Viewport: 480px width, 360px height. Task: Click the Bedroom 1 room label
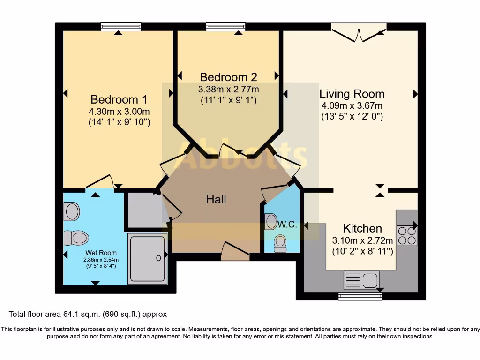pyautogui.click(x=119, y=99)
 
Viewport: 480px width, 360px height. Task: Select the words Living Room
pyautogui.click(x=352, y=94)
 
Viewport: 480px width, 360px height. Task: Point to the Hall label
pyautogui.click(x=216, y=200)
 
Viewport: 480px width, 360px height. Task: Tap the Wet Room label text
pyautogui.click(x=101, y=253)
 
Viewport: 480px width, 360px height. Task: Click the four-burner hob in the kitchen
pyautogui.click(x=406, y=235)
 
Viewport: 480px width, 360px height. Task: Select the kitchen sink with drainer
pyautogui.click(x=361, y=280)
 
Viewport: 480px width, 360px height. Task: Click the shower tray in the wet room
pyautogui.click(x=148, y=258)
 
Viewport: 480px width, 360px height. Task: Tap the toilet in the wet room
pyautogui.click(x=76, y=238)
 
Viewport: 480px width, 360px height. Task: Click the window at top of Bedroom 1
pyautogui.click(x=120, y=27)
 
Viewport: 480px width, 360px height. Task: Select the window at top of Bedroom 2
pyautogui.click(x=225, y=27)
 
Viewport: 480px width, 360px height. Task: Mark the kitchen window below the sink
pyautogui.click(x=360, y=296)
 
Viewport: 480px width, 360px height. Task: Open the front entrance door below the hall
pyautogui.click(x=235, y=252)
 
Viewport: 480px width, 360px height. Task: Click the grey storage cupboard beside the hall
pyautogui.click(x=144, y=209)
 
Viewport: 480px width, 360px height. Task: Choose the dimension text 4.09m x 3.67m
pyautogui.click(x=352, y=106)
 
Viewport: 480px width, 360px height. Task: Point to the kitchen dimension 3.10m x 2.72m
pyautogui.click(x=362, y=240)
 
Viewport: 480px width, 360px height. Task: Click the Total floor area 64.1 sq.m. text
pyautogui.click(x=88, y=314)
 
